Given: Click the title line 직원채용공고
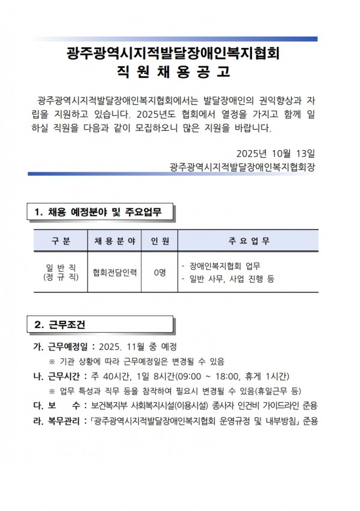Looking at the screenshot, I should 174,73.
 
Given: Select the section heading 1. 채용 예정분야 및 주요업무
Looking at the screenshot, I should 100,211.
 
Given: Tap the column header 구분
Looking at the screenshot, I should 61,241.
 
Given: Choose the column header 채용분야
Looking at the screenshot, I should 115,241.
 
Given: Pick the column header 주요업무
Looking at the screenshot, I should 249,241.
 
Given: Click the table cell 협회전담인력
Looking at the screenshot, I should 115,272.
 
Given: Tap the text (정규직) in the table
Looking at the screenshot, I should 61,278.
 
